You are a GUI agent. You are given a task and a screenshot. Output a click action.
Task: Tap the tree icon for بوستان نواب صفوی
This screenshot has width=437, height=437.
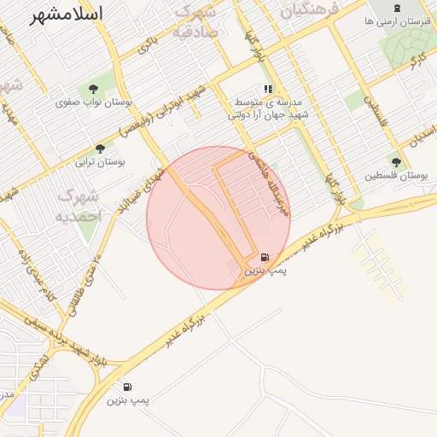(93, 89)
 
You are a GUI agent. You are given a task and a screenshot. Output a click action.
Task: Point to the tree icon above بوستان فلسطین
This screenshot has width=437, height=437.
(395, 162)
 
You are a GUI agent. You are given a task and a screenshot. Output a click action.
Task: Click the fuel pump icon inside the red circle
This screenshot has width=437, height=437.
(265, 256)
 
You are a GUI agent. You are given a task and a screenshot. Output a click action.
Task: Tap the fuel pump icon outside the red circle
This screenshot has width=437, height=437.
(127, 386)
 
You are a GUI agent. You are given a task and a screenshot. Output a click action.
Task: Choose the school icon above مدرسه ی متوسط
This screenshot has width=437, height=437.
(268, 89)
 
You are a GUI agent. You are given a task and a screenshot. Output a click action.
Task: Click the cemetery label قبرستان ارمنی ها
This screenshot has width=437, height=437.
(398, 21)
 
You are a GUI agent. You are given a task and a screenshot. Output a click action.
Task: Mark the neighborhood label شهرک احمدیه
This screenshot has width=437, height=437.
(79, 206)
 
